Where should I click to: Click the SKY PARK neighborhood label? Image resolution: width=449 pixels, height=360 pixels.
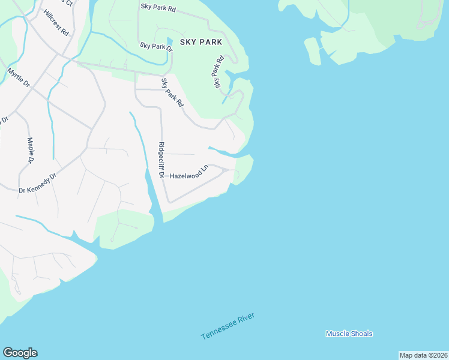(x=201, y=42)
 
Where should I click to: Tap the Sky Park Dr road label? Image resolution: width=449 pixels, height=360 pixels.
(x=155, y=46)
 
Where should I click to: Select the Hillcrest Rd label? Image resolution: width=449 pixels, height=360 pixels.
(x=56, y=22)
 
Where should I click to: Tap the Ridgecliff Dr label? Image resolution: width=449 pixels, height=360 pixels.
(x=161, y=160)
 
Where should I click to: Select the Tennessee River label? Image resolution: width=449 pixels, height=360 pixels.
(x=228, y=326)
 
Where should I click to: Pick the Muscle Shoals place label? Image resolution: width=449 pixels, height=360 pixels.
(x=349, y=334)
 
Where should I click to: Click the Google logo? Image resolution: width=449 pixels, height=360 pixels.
(x=20, y=352)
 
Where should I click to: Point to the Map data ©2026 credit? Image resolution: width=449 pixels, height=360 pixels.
(x=423, y=355)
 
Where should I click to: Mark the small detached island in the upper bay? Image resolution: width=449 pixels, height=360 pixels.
(x=313, y=50)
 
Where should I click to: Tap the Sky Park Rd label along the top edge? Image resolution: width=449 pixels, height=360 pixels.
(x=158, y=8)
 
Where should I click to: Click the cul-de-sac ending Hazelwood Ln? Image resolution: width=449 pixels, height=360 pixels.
(x=225, y=171)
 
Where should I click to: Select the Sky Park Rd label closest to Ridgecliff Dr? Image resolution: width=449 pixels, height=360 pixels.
(x=172, y=92)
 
